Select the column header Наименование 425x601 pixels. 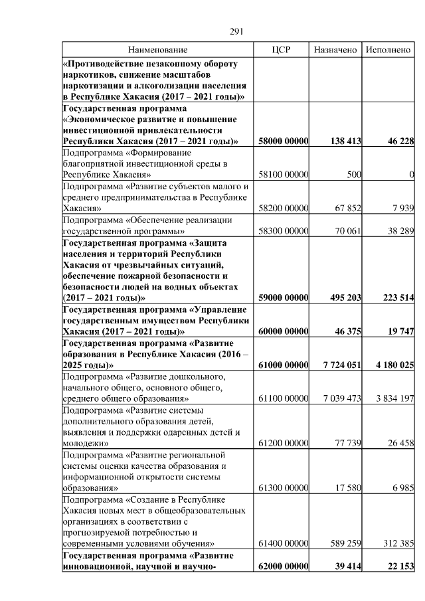(x=158, y=50)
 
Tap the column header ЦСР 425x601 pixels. (x=283, y=50)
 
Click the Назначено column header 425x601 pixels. (x=336, y=50)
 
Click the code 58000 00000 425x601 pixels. (x=284, y=141)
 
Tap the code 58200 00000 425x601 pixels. (x=284, y=208)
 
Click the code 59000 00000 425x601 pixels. (x=284, y=298)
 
